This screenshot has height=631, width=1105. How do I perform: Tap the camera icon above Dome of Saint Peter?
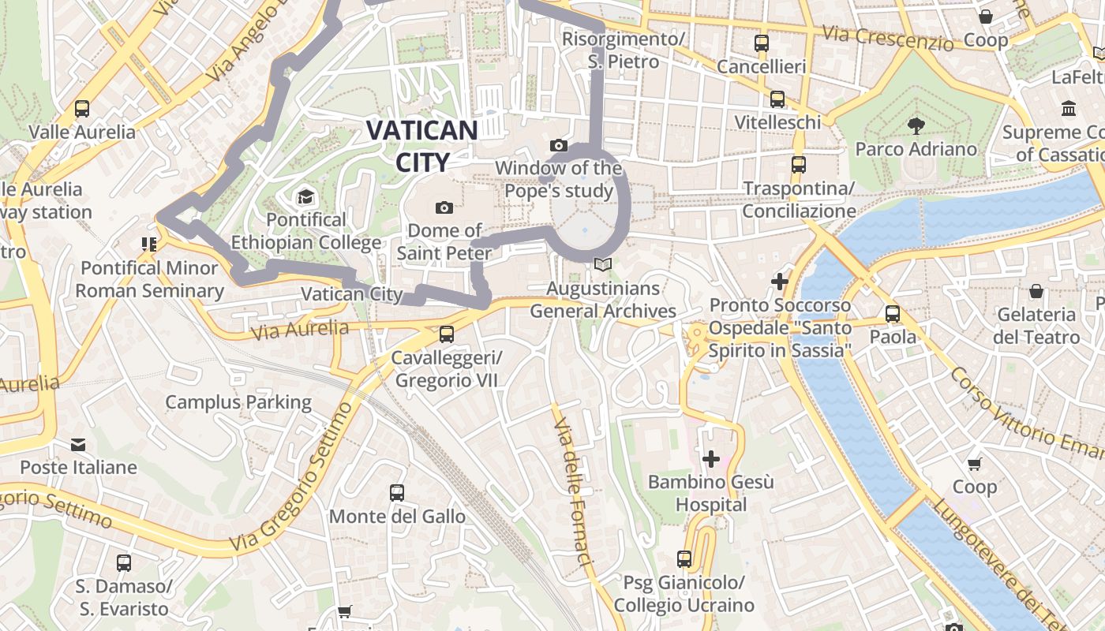444,207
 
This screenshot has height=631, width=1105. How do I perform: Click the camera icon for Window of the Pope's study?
559,145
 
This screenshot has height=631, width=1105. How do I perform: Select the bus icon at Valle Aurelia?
82,109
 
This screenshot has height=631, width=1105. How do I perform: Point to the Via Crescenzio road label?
887,37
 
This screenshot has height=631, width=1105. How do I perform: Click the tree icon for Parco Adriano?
916,125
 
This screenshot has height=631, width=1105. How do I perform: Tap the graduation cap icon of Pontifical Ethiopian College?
305,196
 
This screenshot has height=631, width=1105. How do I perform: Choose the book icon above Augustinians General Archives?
603,265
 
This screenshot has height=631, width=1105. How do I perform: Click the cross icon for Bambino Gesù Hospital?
711,458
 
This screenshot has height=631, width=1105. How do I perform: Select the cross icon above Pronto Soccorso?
780,281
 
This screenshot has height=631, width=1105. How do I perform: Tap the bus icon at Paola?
893,313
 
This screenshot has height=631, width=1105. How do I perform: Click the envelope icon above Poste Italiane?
78,444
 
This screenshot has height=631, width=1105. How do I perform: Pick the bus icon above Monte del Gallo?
397,493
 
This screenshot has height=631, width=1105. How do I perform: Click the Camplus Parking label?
238,402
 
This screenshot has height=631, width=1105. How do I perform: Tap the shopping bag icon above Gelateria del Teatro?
1036,291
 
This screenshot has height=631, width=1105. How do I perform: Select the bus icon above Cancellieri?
762,43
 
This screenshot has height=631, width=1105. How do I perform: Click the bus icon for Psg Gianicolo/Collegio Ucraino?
684,559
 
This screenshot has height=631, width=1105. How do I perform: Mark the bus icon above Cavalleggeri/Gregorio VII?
447,334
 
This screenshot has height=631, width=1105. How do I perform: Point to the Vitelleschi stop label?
777,122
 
